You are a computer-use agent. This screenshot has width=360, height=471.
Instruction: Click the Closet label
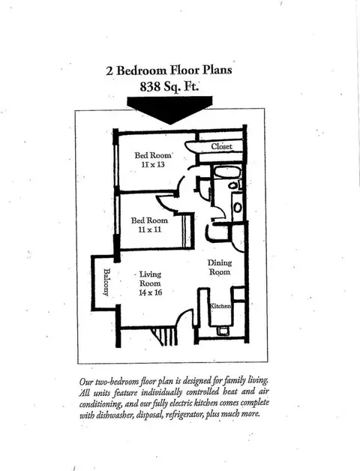[x=222, y=146]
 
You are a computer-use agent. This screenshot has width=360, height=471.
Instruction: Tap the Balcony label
[x=106, y=282]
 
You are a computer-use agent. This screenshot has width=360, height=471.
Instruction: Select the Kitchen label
[x=220, y=306]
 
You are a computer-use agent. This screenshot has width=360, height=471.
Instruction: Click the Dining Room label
[x=220, y=267]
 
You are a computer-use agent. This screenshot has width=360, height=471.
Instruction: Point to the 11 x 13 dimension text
[x=153, y=164]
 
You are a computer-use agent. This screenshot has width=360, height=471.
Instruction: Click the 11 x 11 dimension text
[x=150, y=229]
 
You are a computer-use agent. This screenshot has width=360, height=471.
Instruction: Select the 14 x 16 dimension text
[x=150, y=292]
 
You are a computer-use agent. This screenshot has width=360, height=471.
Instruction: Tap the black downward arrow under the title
[x=169, y=110]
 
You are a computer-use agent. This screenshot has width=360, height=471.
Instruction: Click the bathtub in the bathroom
[x=226, y=173]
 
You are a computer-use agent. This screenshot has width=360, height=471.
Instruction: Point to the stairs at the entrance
[x=163, y=337]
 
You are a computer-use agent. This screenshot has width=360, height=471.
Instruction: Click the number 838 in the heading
[x=150, y=87]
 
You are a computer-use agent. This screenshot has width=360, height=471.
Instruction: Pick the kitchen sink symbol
[x=223, y=331]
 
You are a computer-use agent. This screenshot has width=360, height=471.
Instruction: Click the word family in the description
[x=235, y=381]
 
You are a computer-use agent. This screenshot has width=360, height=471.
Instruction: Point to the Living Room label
[x=150, y=279]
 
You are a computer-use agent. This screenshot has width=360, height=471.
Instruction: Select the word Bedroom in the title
[x=142, y=70]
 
